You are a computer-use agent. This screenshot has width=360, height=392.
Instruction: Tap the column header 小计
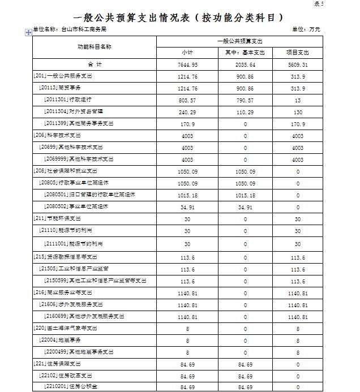pyautogui.click(x=188, y=53)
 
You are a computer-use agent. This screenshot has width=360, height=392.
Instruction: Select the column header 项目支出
pyautogui.click(x=298, y=53)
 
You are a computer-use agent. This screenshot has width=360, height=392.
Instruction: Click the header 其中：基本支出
pyautogui.click(x=245, y=53)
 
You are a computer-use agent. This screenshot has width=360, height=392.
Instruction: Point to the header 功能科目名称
pyautogui.click(x=94, y=46)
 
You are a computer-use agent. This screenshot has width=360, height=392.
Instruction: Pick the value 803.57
pyautogui.click(x=188, y=100)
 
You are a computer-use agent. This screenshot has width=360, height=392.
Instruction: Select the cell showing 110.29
pyautogui.click(x=245, y=112)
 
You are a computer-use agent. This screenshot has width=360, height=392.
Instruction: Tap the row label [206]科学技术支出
pyautogui.click(x=58, y=136)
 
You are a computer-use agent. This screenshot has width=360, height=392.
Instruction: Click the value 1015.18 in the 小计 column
pyautogui.click(x=188, y=195)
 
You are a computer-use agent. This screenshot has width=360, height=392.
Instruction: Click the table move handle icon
pyautogui.click(x=28, y=33)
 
